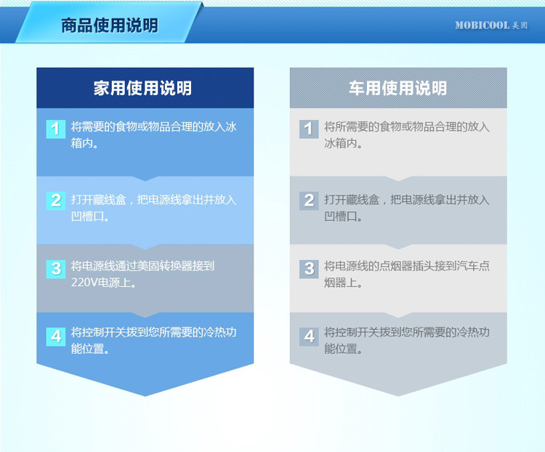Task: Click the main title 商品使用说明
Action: click(x=110, y=25)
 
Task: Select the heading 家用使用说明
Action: click(x=142, y=88)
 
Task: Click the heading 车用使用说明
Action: click(x=398, y=88)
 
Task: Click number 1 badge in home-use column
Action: click(x=56, y=129)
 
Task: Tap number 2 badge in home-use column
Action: click(x=56, y=201)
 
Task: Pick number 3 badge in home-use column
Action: click(x=56, y=269)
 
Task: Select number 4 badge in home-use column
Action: click(x=56, y=336)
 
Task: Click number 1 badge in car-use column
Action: click(x=309, y=129)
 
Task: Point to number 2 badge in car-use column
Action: click(x=309, y=201)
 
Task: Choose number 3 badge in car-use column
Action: click(x=309, y=269)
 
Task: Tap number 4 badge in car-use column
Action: click(x=309, y=336)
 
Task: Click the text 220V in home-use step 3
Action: click(x=84, y=283)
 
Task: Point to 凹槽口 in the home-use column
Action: click(x=88, y=217)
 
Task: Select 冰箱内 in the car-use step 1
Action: click(x=341, y=143)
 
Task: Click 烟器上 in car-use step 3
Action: click(x=341, y=283)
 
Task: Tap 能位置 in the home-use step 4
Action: click(x=88, y=348)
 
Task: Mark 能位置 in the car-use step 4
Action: click(x=341, y=348)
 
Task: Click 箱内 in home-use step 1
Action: click(x=82, y=143)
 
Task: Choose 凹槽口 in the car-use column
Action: click(x=341, y=217)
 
